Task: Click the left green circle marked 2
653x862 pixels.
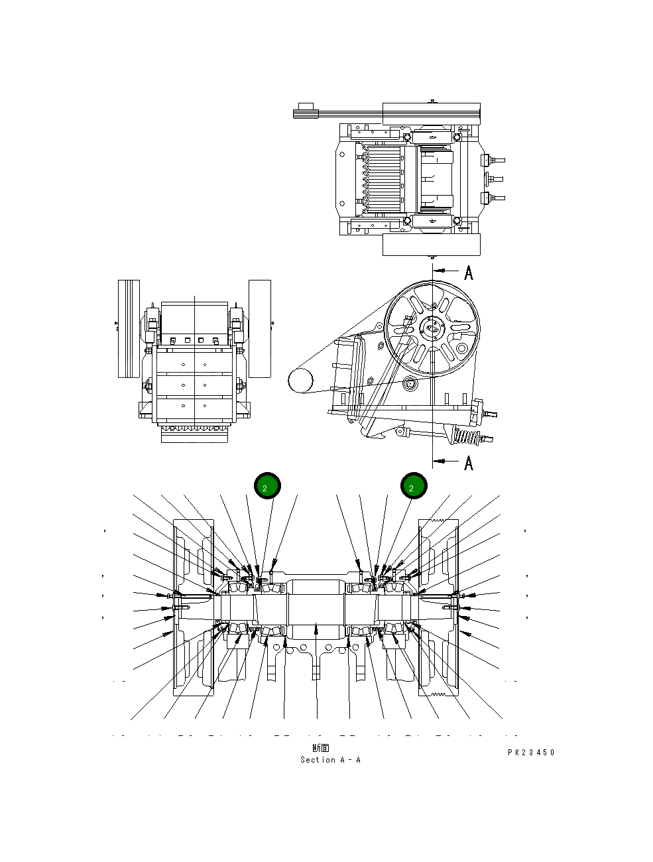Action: [x=268, y=487]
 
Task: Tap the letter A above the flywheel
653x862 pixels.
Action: [x=469, y=273]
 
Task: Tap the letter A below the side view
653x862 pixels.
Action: [x=469, y=462]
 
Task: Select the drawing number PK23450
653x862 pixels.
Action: [x=531, y=753]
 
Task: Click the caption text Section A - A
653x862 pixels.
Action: [x=330, y=760]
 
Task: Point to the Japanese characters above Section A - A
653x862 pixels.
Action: [x=321, y=749]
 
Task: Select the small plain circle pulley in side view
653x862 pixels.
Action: [x=300, y=381]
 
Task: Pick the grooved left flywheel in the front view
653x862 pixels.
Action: [x=129, y=329]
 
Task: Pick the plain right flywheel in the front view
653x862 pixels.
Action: [x=259, y=329]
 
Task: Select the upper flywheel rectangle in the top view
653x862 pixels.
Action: [x=431, y=113]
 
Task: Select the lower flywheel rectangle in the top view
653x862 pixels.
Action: [x=431, y=245]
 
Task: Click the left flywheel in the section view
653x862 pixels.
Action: [x=193, y=607]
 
